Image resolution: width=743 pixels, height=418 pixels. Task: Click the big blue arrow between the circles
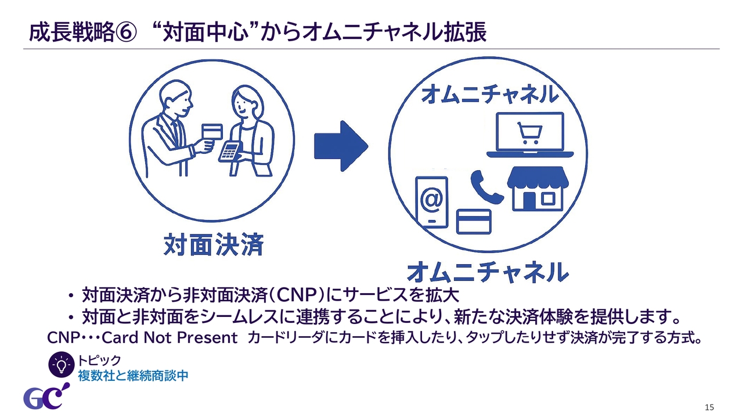pyautogui.click(x=341, y=146)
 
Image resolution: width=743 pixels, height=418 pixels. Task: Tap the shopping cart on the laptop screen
pyautogui.click(x=530, y=134)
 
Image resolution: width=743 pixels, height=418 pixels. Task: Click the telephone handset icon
pyautogui.click(x=486, y=187)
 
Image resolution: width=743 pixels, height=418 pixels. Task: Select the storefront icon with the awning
pyautogui.click(x=538, y=189)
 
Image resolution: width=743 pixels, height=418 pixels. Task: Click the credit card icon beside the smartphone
pyautogui.click(x=474, y=222)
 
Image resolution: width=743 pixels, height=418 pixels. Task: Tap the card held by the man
pyautogui.click(x=212, y=132)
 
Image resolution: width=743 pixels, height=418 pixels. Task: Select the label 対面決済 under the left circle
pyautogui.click(x=214, y=244)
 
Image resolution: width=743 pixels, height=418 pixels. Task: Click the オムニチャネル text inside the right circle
pyautogui.click(x=490, y=94)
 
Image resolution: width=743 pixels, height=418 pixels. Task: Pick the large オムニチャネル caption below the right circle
pyautogui.click(x=488, y=272)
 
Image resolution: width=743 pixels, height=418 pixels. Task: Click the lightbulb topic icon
pyautogui.click(x=62, y=365)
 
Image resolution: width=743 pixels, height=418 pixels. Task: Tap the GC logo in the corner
pyautogui.click(x=46, y=397)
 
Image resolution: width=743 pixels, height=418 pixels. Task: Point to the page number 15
pyautogui.click(x=709, y=408)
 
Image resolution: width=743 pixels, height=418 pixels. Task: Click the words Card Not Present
pyautogui.click(x=169, y=338)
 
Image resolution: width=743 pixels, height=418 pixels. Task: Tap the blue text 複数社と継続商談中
pyautogui.click(x=133, y=376)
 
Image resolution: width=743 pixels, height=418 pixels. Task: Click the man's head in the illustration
pyautogui.click(x=176, y=96)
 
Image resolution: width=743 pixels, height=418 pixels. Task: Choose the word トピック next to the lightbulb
pyautogui.click(x=99, y=360)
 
